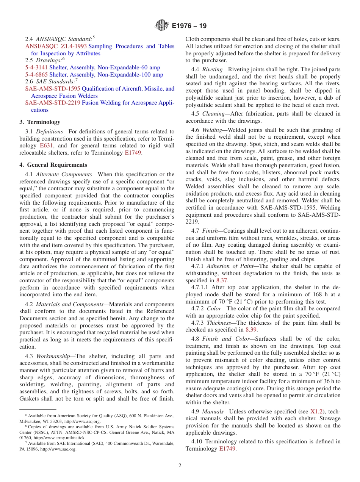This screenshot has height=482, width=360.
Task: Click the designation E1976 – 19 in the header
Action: point(189,26)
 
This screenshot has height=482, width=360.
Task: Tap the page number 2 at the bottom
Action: point(180,466)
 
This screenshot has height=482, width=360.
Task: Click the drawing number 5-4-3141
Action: point(36,67)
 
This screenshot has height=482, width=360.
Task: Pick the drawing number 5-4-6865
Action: point(36,75)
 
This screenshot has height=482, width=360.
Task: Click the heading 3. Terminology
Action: point(40,122)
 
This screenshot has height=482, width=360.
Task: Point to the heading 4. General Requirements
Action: point(53,165)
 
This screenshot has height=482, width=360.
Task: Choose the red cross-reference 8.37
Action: point(222,280)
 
